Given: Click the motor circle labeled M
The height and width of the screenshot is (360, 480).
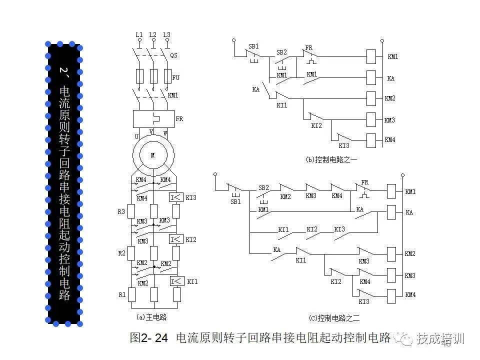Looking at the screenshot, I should pyautogui.click(x=153, y=154).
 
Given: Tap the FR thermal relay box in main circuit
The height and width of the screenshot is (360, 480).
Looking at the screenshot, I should pyautogui.click(x=153, y=119).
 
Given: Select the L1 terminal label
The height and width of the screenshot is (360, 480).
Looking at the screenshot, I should pyautogui.click(x=139, y=34).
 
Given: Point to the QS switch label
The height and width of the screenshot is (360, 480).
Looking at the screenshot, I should pyautogui.click(x=174, y=55).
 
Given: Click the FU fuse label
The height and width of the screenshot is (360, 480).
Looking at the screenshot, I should pyautogui.click(x=175, y=78).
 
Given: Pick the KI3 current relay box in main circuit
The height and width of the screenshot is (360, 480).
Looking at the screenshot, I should pyautogui.click(x=176, y=197).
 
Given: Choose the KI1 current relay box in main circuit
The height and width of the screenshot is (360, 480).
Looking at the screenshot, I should pyautogui.click(x=176, y=281).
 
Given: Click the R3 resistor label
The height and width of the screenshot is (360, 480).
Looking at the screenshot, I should pyautogui.click(x=121, y=211).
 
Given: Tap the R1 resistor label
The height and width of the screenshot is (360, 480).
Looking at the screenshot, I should pyautogui.click(x=121, y=295).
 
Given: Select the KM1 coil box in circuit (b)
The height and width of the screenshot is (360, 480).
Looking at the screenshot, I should pyautogui.click(x=371, y=56).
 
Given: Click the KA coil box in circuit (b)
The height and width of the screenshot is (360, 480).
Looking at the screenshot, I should pyautogui.click(x=371, y=78).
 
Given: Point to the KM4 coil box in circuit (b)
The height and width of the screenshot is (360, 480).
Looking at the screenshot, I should pyautogui.click(x=371, y=140).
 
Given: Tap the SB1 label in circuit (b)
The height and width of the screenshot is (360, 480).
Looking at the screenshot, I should pyautogui.click(x=253, y=46).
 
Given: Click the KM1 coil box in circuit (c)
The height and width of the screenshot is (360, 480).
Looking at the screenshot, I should pyautogui.click(x=391, y=191).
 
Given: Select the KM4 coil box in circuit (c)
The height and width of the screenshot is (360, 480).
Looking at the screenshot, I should pyautogui.click(x=391, y=294).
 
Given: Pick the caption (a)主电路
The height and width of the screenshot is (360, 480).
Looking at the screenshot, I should pyautogui.click(x=151, y=317).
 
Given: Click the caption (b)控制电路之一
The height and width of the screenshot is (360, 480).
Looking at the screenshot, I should pyautogui.click(x=332, y=159).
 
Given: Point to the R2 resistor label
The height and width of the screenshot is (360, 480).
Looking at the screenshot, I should pyautogui.click(x=121, y=253).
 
